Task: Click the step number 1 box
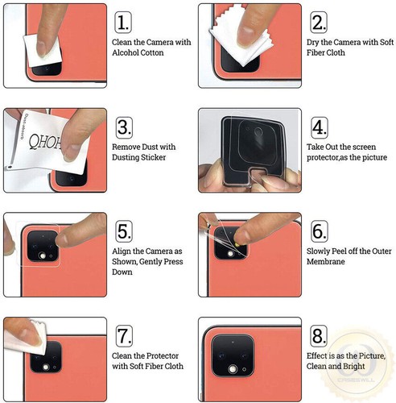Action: (x=123, y=22)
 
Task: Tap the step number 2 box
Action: (x=320, y=22)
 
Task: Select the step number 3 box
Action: (x=123, y=127)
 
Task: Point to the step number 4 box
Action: (x=320, y=127)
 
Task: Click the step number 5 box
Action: (x=123, y=232)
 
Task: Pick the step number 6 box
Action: (x=320, y=232)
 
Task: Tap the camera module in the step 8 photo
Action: (x=234, y=355)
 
